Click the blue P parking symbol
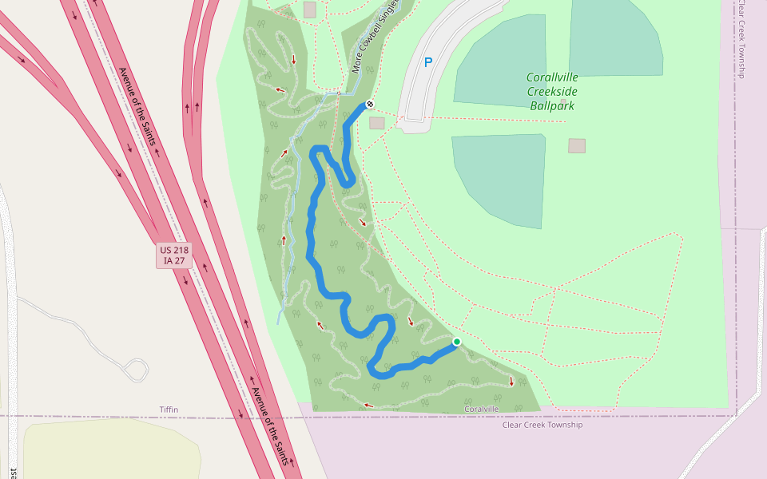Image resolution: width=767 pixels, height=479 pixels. pos(427,62)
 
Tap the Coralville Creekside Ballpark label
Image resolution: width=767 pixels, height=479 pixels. pos(552,91)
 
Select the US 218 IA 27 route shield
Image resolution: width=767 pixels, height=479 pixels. pos(174,255)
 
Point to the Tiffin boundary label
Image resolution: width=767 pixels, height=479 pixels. pos(169,410)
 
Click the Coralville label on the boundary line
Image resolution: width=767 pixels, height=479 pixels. pos(482,410)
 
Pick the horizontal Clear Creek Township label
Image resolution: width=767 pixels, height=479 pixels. pos(542,425)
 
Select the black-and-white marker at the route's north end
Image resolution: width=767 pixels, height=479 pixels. pos(369,104)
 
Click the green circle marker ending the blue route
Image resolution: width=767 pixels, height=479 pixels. pos(457,342)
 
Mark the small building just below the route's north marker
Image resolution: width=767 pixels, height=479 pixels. pos(377,123)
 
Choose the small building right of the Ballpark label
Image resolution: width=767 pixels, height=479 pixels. pos(577,145)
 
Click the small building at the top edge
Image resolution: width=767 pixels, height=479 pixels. pos(310,9)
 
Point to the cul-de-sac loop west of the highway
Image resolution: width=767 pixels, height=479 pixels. pos(137,369)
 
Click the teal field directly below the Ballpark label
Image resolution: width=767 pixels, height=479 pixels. pos(499,180)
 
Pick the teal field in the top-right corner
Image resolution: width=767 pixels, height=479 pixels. pos(616,36)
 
